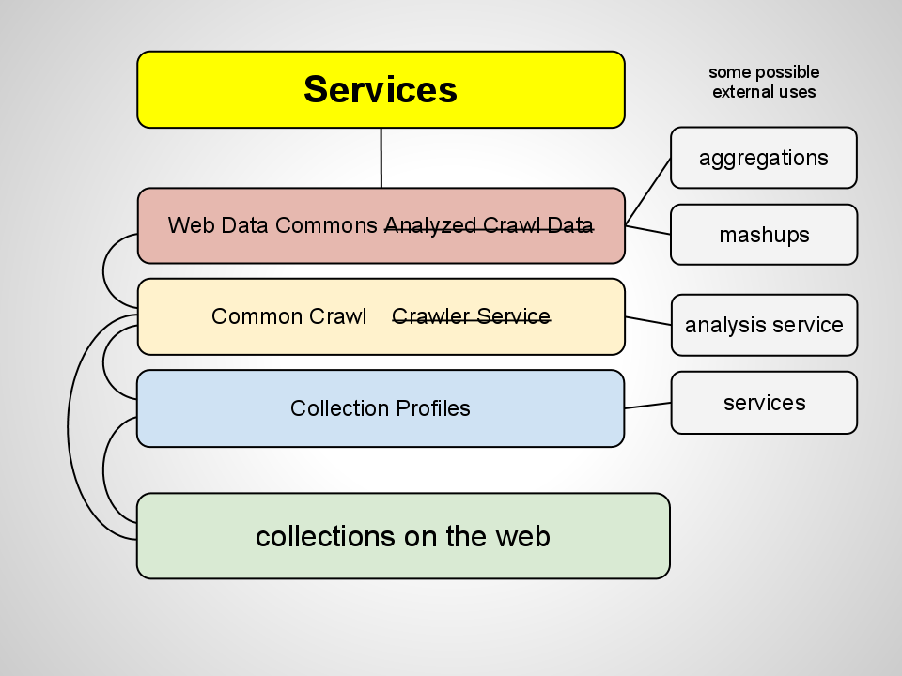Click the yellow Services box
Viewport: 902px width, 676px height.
click(x=381, y=89)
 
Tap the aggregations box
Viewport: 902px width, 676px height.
click(x=763, y=158)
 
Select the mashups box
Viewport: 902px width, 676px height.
click(x=763, y=235)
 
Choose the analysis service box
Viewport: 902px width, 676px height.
click(x=763, y=325)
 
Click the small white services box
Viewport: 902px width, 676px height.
click(x=763, y=403)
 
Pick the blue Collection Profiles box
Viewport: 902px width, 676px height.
click(x=381, y=408)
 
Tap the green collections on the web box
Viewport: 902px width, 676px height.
click(x=402, y=536)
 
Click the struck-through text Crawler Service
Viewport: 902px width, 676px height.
click(x=471, y=316)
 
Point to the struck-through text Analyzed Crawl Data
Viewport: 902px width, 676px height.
click(x=489, y=225)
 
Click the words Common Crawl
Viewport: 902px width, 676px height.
click(x=288, y=316)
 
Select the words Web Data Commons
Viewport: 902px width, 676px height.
click(x=274, y=225)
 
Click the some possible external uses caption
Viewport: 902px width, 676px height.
click(x=763, y=82)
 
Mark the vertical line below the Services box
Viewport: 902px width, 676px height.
click(x=381, y=158)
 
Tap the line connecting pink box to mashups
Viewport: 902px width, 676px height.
click(x=648, y=229)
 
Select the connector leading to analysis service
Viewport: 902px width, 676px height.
click(x=648, y=321)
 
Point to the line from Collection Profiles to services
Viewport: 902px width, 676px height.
click(x=648, y=406)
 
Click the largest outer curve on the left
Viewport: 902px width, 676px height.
click(x=69, y=427)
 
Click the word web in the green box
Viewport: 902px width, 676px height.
click(x=525, y=536)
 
